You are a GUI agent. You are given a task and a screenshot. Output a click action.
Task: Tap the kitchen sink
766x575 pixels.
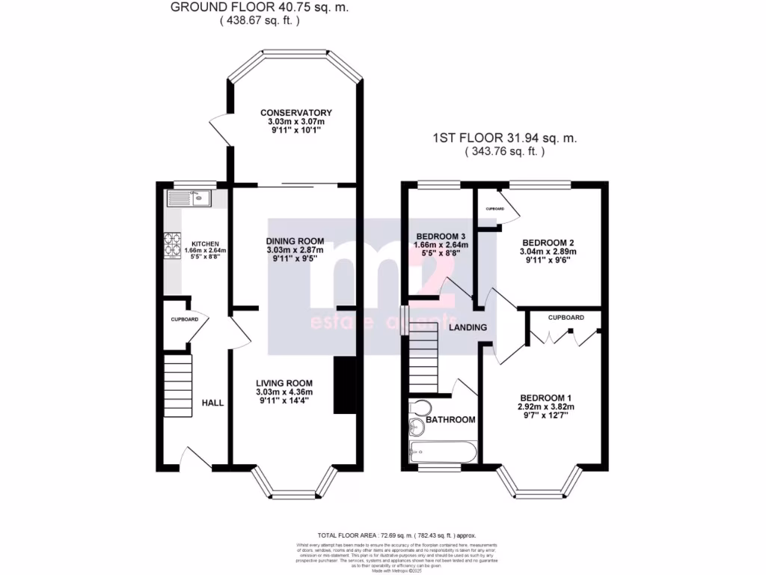click(190, 198)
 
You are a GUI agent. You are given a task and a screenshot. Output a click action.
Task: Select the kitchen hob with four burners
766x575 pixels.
click(173, 246)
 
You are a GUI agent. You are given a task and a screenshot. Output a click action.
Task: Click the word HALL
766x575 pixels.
click(212, 403)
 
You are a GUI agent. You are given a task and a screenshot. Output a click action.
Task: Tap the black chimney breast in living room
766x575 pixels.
click(344, 385)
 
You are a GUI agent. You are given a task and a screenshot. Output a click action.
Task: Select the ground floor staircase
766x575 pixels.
click(178, 386)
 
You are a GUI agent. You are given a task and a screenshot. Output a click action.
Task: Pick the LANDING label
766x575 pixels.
click(468, 327)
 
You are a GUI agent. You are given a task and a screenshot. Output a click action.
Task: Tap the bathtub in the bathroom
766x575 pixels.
click(443, 451)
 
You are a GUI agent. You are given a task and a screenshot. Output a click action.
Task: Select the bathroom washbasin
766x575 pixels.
click(417, 428)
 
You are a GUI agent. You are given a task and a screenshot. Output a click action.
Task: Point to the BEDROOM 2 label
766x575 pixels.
click(548, 243)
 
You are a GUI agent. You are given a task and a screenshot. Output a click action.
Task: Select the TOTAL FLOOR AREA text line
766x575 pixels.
click(396, 535)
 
